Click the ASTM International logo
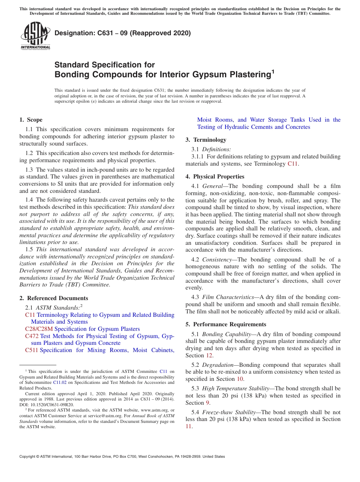click(x=35, y=36)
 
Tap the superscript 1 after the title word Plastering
click(x=273, y=71)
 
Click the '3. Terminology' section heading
click(x=206, y=140)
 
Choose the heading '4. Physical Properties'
click(x=215, y=177)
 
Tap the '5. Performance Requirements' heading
click(x=226, y=324)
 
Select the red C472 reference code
click(x=32, y=336)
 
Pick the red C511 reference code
click(x=31, y=350)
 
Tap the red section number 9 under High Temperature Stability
click(x=207, y=403)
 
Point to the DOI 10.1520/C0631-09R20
click(x=47, y=404)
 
